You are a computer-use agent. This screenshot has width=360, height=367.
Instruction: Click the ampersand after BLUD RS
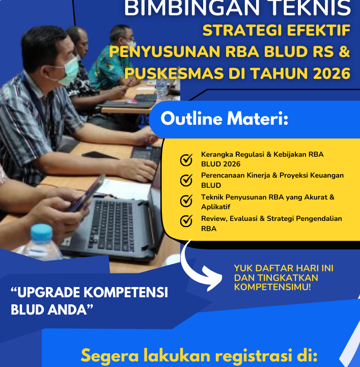pos(344,51)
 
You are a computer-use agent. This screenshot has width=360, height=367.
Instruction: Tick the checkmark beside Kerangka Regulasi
pos(187,160)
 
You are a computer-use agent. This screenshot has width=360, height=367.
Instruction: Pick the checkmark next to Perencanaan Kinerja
pos(187,180)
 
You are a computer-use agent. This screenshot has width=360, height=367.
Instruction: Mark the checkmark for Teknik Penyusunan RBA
pos(187,201)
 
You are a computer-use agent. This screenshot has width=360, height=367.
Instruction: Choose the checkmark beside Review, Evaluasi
pos(187,221)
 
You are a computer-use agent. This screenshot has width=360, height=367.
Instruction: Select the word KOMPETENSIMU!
pos(272,287)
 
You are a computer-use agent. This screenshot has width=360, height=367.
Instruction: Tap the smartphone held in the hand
pos(87,192)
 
